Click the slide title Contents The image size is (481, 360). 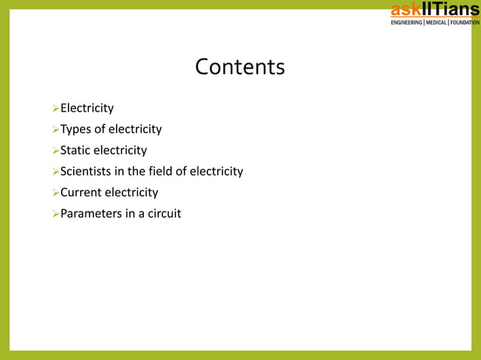240,67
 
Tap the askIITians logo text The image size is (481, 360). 434,10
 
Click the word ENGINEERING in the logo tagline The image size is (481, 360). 406,23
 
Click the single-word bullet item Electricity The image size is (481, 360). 87,108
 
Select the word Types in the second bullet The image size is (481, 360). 75,130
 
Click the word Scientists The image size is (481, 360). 87,172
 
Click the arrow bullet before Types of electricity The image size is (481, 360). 54,130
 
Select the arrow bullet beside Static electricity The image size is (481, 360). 54,151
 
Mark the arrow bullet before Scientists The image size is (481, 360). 54,172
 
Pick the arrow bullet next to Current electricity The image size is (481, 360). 54,193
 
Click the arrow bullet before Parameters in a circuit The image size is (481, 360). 54,214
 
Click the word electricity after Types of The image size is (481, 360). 135,130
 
